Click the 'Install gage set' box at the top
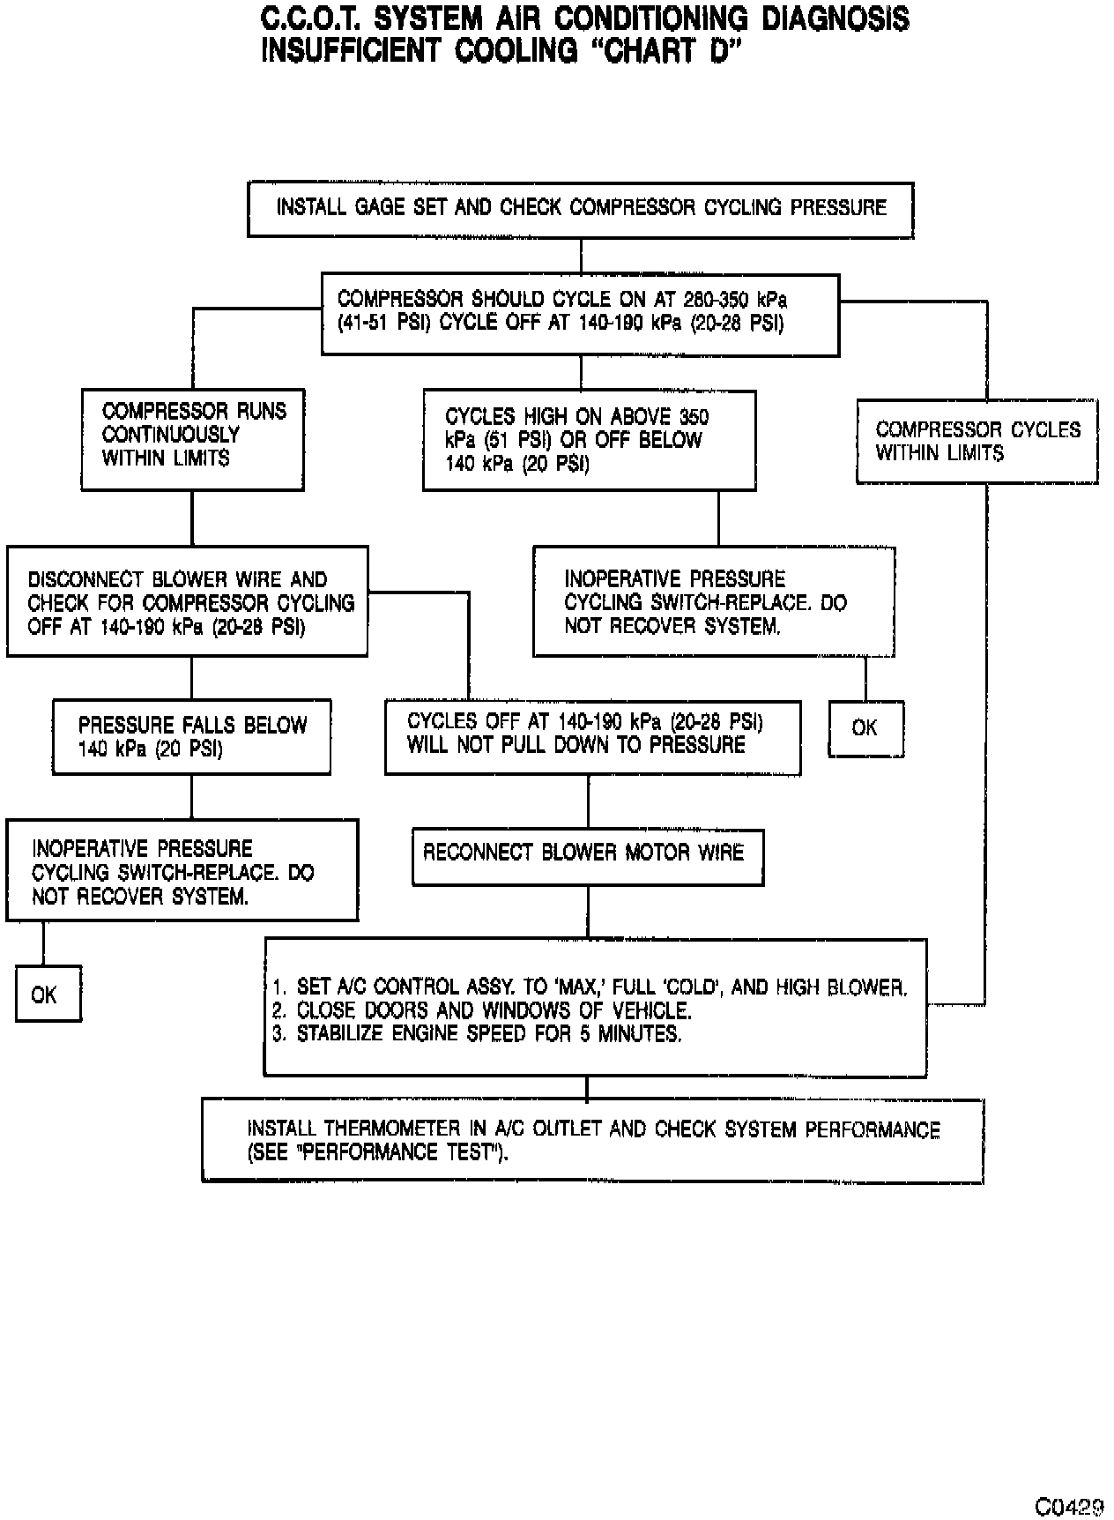pyautogui.click(x=580, y=209)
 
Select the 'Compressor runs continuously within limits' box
pyautogui.click(x=192, y=438)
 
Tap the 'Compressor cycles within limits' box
pyautogui.click(x=977, y=442)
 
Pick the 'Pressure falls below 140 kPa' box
pyautogui.click(x=191, y=737)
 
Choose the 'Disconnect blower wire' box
pyautogui.click(x=187, y=602)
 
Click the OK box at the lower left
pyautogui.click(x=48, y=995)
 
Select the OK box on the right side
pyautogui.click(x=865, y=728)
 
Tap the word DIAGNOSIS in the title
pyautogui.click(x=835, y=19)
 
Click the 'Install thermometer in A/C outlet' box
pyautogui.click(x=592, y=1140)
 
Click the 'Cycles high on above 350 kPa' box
pyautogui.click(x=589, y=440)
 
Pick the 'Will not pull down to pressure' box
pyautogui.click(x=592, y=737)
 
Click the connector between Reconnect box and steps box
pyautogui.click(x=588, y=912)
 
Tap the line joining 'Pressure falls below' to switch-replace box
pyautogui.click(x=191, y=797)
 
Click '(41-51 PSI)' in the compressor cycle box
pyautogui.click(x=385, y=323)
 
